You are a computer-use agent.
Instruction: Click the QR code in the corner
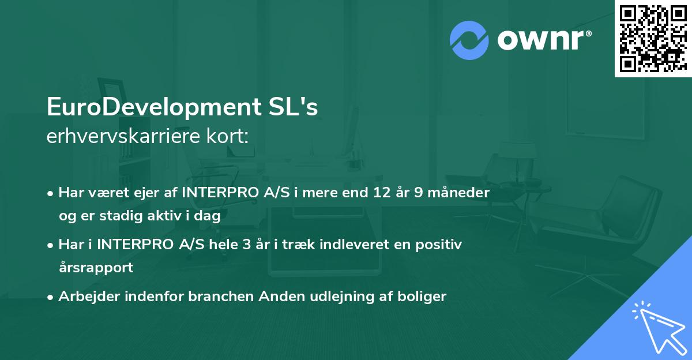(x=653, y=38)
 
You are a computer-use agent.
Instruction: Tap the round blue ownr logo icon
(x=469, y=40)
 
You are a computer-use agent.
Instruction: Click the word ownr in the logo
(x=543, y=40)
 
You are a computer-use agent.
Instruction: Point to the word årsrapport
(x=96, y=268)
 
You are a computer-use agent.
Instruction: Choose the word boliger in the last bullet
(x=424, y=297)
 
